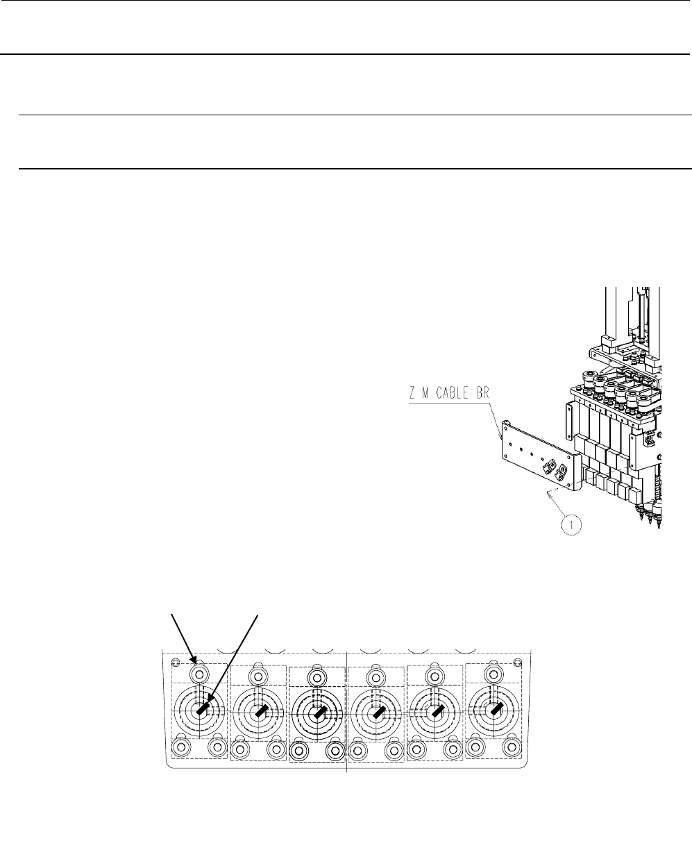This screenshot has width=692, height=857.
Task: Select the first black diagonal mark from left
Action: [x=203, y=711]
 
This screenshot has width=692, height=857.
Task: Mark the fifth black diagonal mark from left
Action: [x=436, y=711]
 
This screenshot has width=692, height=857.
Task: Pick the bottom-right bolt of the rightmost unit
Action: [x=512, y=748]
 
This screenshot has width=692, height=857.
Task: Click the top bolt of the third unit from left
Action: [x=317, y=676]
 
